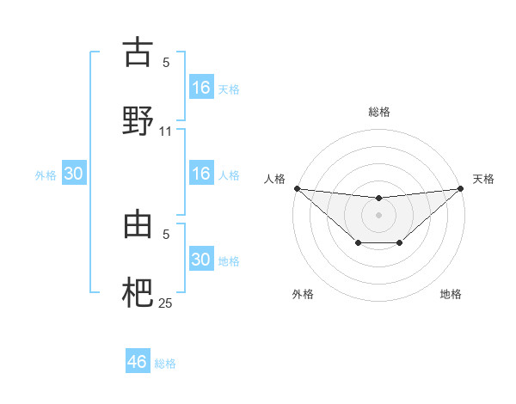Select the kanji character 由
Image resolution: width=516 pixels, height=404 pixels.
click(x=138, y=224)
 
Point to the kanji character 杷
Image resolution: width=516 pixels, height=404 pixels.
click(x=138, y=291)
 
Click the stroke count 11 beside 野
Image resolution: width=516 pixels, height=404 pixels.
click(x=166, y=132)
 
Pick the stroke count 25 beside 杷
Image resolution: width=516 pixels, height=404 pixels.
click(x=166, y=303)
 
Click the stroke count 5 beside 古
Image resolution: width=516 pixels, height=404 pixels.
click(x=166, y=62)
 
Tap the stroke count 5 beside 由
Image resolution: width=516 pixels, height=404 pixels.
click(x=166, y=233)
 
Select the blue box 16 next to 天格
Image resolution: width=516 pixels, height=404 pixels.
click(x=200, y=88)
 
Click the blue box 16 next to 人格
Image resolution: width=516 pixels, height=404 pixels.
click(x=200, y=174)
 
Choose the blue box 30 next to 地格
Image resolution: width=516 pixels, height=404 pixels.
click(x=200, y=260)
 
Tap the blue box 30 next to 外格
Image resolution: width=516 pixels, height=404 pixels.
click(x=74, y=174)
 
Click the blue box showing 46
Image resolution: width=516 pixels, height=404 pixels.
click(x=138, y=362)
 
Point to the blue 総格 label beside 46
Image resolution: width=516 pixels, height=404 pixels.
click(x=165, y=364)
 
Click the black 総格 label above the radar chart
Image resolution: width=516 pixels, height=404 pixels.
click(x=379, y=112)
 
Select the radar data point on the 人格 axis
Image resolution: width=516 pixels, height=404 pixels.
click(x=296, y=188)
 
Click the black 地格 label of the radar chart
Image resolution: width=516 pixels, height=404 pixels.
click(x=451, y=294)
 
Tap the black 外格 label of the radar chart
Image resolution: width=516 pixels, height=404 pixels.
click(x=303, y=294)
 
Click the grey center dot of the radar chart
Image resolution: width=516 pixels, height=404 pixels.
click(x=379, y=215)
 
